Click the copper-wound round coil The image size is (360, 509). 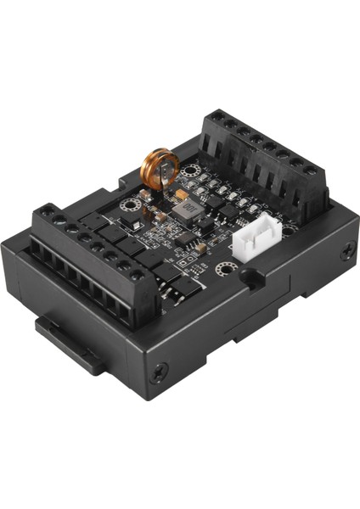[160, 167]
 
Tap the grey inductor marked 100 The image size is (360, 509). [189, 209]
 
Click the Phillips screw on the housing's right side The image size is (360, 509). [347, 251]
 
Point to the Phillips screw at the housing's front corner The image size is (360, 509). [158, 372]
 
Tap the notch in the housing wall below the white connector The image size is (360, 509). [251, 277]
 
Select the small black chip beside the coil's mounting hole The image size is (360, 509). [132, 222]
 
